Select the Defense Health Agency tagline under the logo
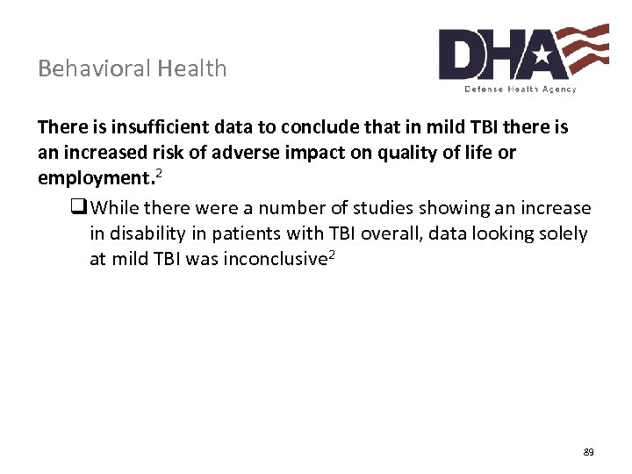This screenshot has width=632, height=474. click(x=521, y=89)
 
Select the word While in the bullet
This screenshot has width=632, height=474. click(x=114, y=208)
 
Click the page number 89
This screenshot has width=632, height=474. click(x=588, y=452)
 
